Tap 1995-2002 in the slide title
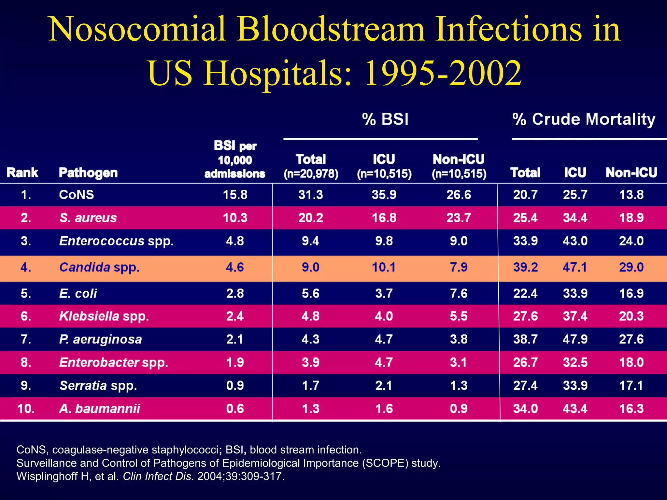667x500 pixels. [443, 73]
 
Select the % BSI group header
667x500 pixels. [385, 119]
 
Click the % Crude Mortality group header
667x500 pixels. [584, 119]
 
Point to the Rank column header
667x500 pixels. [22, 173]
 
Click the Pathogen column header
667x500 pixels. [88, 173]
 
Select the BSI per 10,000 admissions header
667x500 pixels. [235, 160]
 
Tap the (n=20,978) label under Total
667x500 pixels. [311, 174]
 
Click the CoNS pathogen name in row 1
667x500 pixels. [76, 195]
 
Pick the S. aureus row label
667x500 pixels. [88, 218]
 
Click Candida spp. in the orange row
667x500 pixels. [99, 267]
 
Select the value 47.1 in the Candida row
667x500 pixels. [575, 267]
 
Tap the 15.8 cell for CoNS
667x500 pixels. [235, 195]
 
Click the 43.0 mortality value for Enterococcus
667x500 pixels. [575, 241]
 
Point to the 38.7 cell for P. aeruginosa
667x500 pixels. [525, 339]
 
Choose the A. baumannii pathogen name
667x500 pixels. [99, 409]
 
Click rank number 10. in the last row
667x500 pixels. [26, 409]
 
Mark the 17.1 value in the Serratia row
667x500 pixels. [631, 385]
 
